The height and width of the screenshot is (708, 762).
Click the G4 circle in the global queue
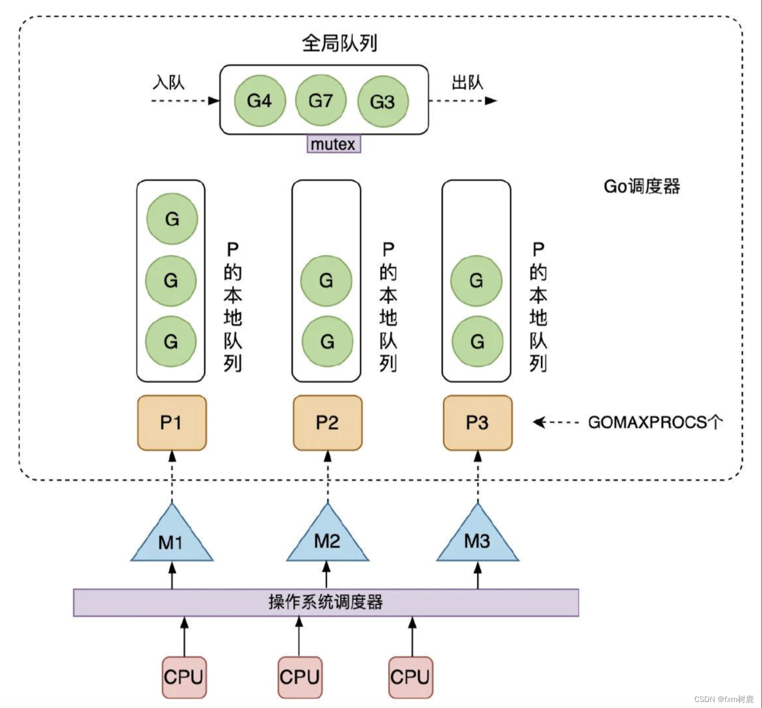tap(259, 101)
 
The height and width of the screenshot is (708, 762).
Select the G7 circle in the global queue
tap(320, 101)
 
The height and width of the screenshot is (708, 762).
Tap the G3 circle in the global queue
tap(383, 101)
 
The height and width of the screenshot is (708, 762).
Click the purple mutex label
tap(334, 144)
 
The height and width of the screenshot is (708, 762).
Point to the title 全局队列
tap(340, 43)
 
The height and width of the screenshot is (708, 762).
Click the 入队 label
tap(168, 82)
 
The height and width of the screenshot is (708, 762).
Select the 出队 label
tap(467, 82)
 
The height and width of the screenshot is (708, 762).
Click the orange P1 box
tap(171, 423)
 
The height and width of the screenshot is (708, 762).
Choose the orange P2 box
tap(328, 423)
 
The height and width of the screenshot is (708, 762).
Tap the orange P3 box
tap(478, 423)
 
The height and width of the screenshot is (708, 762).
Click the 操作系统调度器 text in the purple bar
tap(326, 602)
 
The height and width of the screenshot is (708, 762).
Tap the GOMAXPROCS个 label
tap(655, 422)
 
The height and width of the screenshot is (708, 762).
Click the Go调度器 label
tap(642, 187)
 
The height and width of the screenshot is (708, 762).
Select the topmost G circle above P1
tap(172, 219)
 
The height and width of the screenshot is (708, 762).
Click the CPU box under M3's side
tap(410, 677)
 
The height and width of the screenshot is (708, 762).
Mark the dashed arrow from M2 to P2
tap(328, 477)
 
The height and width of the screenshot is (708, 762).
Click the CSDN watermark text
tap(724, 699)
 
